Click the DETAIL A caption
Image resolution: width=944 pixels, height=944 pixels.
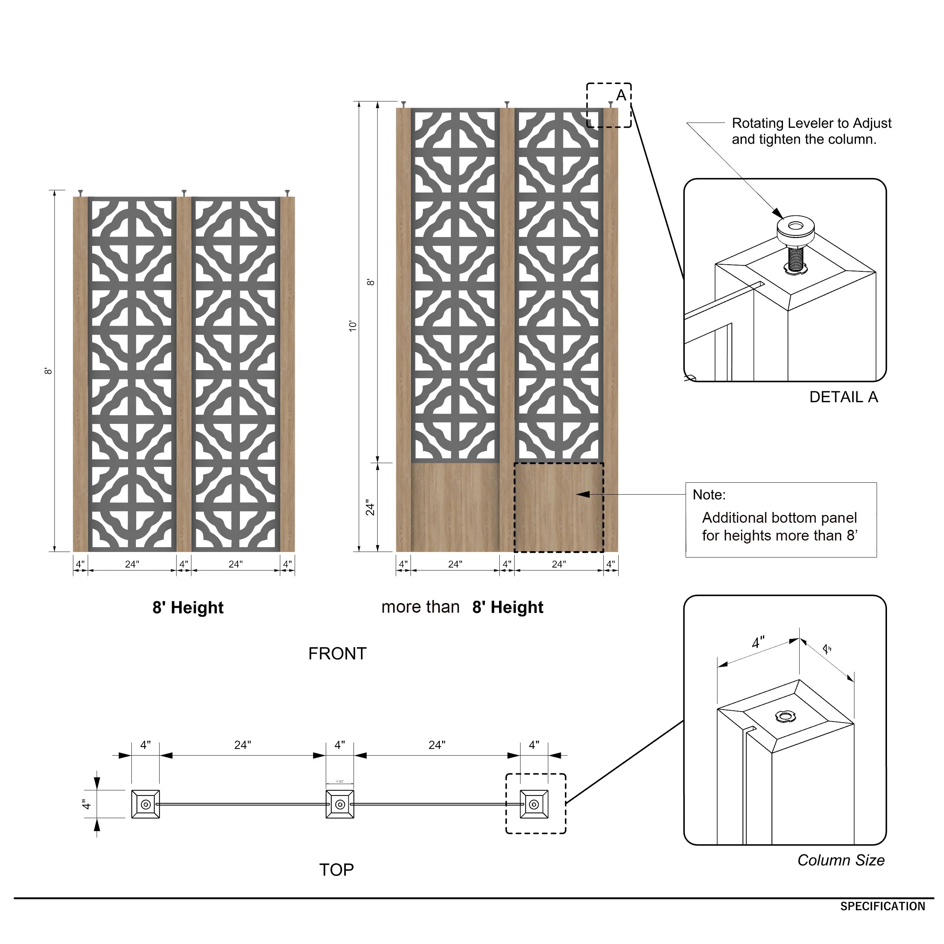(843, 397)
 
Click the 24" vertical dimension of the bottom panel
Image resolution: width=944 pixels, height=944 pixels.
(370, 508)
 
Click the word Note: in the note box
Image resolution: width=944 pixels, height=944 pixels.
(709, 495)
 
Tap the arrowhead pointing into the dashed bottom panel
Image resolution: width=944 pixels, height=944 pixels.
(582, 495)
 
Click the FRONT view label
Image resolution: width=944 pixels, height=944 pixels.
(337, 654)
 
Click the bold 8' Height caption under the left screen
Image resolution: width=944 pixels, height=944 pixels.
(188, 608)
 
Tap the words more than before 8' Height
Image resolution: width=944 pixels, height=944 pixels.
(420, 607)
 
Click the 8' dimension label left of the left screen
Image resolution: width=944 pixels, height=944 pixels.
(48, 371)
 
